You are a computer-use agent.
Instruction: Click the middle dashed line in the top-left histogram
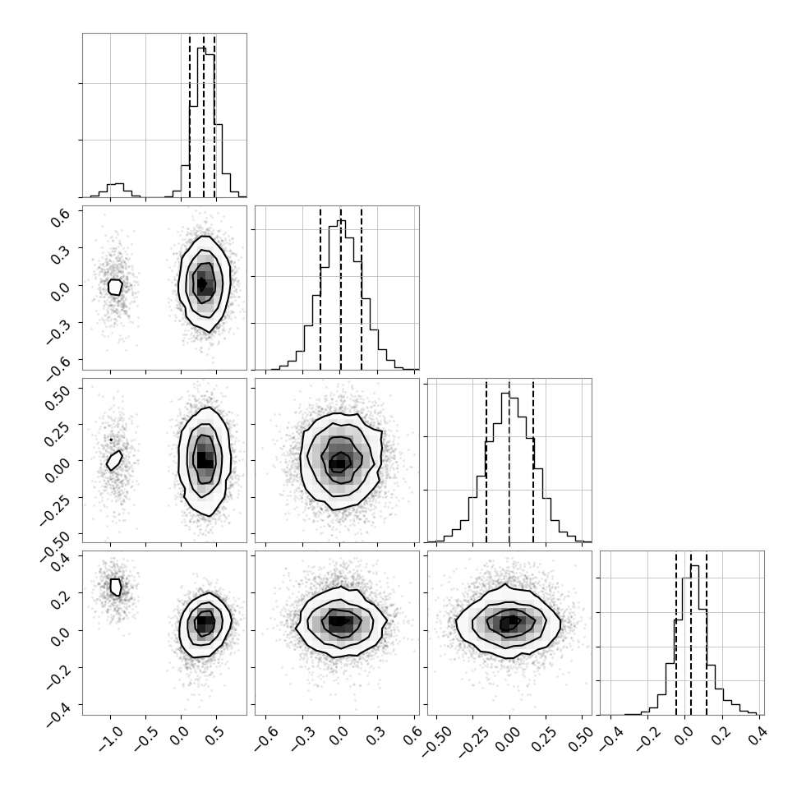click(x=204, y=115)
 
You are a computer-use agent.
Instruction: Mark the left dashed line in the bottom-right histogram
click(x=676, y=633)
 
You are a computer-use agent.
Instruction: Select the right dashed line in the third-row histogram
click(x=533, y=460)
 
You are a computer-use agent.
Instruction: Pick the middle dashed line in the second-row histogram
click(x=340, y=288)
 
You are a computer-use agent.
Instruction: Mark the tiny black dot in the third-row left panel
click(x=111, y=440)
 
